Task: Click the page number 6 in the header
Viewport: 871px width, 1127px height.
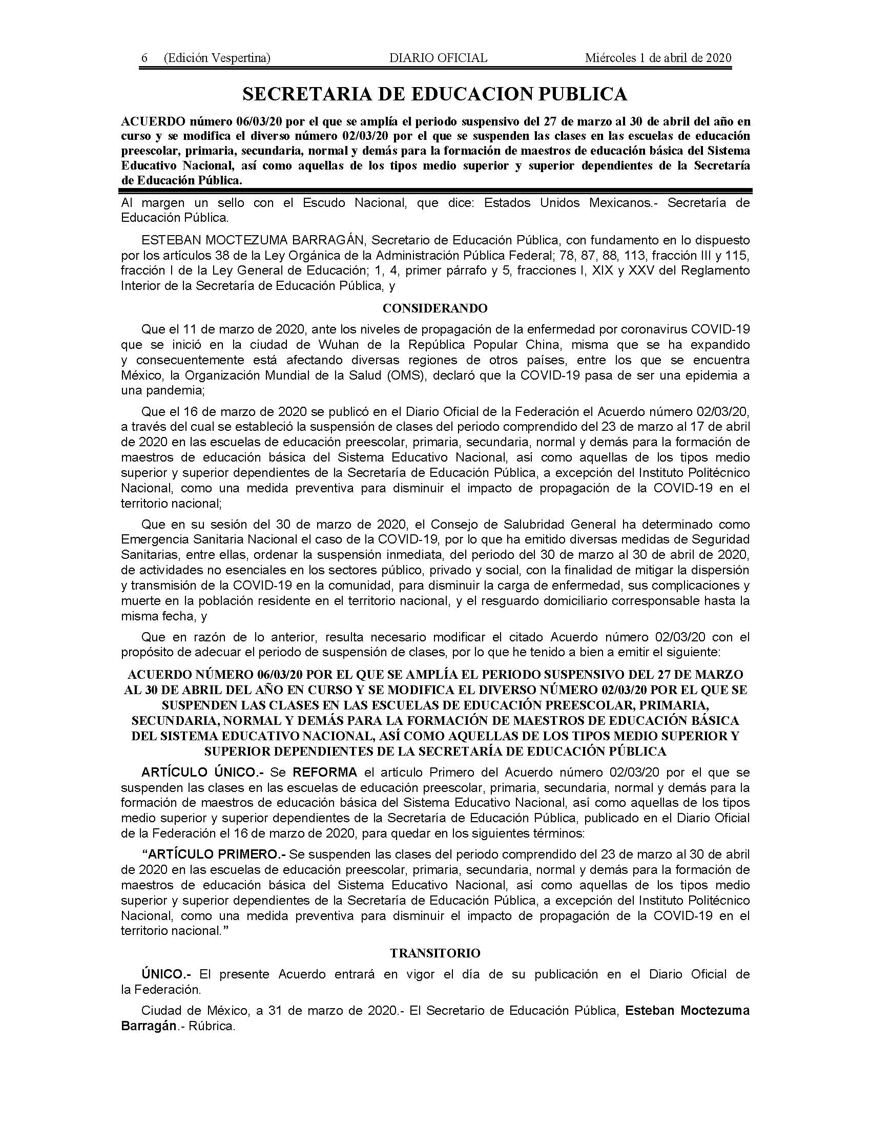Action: pyautogui.click(x=144, y=58)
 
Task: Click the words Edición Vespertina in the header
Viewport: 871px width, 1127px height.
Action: pyautogui.click(x=217, y=58)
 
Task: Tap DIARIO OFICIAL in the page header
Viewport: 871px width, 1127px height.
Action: pyautogui.click(x=438, y=58)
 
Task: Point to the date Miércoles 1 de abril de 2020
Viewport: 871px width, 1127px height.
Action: pyautogui.click(x=658, y=58)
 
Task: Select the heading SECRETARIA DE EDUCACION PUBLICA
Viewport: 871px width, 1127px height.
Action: pyautogui.click(x=435, y=94)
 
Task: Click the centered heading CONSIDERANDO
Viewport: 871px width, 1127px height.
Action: pyautogui.click(x=435, y=308)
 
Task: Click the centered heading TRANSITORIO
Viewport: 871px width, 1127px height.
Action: pyautogui.click(x=435, y=953)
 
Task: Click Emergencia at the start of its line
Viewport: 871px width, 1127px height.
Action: pyautogui.click(x=150, y=539)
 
